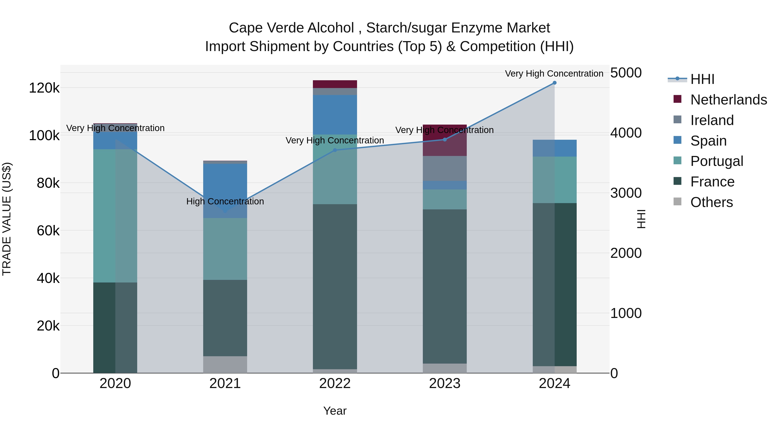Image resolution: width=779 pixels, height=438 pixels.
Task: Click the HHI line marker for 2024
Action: [554, 83]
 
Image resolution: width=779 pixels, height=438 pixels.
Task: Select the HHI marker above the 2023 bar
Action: [444, 140]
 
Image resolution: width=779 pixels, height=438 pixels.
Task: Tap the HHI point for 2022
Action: [335, 150]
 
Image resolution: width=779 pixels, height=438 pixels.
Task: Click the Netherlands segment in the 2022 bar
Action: [335, 84]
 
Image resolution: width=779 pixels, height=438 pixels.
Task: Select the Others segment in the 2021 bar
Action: [225, 364]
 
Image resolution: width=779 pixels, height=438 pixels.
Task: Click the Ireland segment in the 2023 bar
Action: [444, 168]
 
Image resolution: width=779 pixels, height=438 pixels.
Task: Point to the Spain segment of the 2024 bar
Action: [554, 148]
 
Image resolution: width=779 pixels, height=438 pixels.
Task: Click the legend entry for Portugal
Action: [716, 161]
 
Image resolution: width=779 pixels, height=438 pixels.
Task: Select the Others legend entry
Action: [711, 202]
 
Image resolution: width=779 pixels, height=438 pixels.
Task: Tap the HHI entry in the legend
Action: [702, 79]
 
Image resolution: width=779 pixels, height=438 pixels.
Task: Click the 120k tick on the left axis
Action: [44, 88]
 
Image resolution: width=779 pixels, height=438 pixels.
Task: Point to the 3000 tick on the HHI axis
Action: [626, 193]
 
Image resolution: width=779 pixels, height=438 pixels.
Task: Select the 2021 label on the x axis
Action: [225, 383]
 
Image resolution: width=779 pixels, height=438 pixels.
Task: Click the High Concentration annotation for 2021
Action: [225, 201]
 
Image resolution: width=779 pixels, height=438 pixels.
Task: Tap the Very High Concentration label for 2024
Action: [554, 74]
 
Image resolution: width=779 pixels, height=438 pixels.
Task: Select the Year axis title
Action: [335, 411]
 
